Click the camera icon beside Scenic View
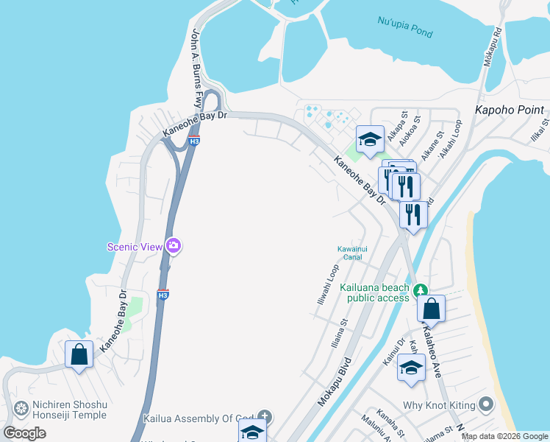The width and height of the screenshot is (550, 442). coord(174,246)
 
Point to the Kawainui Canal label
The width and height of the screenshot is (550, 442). coord(350,253)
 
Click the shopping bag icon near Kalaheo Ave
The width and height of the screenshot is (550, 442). coord(431,309)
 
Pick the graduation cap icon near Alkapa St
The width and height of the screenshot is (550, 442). coord(370,138)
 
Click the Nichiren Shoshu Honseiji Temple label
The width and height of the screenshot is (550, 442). coord(70,410)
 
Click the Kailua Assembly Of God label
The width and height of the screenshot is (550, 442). coord(199,418)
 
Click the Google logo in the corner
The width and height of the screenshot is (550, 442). coord(25,433)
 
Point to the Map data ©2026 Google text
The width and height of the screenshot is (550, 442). coord(504,436)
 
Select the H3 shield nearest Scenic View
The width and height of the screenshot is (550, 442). coord(163,295)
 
